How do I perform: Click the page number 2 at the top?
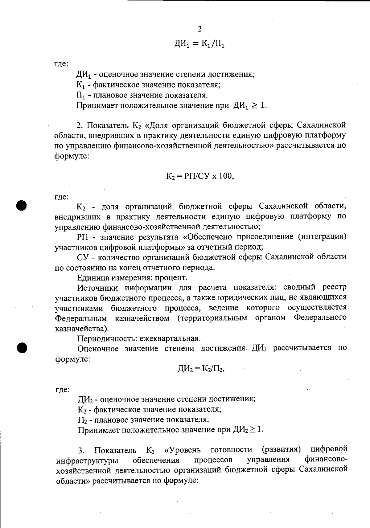pos(199,29)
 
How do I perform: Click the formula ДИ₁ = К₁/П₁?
pos(199,44)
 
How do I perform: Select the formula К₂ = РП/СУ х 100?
pos(199,176)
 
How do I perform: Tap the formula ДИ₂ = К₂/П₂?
pos(201,368)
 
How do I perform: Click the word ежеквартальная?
pos(170,338)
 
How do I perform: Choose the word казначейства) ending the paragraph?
pos(82,329)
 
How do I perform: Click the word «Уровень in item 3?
pos(183,450)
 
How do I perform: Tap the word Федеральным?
pos(81,318)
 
